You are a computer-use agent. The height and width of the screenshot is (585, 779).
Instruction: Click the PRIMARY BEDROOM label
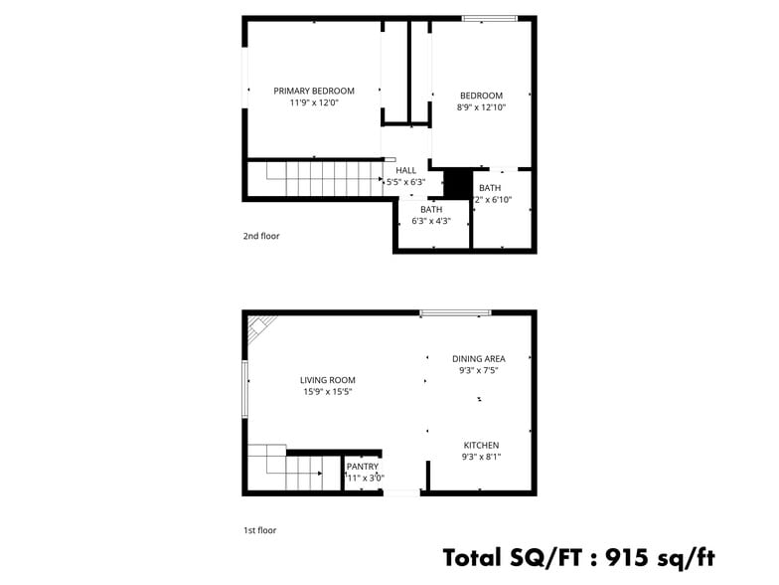point(314,91)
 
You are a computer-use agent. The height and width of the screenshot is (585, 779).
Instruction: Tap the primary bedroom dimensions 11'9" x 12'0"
point(314,102)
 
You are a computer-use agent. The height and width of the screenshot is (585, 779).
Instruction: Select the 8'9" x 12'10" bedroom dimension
point(481,107)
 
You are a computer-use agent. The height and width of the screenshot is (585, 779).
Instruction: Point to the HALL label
point(406,170)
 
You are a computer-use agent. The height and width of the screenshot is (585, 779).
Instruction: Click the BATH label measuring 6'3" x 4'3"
point(431,209)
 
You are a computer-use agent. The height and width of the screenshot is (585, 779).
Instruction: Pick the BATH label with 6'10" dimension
point(490,188)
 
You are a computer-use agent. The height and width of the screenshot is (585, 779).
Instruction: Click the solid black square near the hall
point(457,184)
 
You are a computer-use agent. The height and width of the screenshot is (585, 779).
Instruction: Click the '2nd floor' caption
point(261,237)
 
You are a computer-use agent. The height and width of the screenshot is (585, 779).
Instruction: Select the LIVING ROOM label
point(328,380)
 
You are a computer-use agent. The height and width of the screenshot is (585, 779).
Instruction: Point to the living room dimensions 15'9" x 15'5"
point(328,392)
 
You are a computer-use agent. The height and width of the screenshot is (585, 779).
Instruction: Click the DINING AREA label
point(479,358)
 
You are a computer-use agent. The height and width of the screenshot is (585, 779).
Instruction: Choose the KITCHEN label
point(481,445)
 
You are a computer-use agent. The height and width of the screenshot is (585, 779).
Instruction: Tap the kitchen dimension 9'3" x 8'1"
point(481,457)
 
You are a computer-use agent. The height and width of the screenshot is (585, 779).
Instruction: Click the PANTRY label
point(363,466)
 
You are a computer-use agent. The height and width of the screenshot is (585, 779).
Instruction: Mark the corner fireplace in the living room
point(260,327)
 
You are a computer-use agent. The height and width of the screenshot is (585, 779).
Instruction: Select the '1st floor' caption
point(260,530)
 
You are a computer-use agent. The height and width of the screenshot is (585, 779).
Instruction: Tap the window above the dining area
point(455,313)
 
